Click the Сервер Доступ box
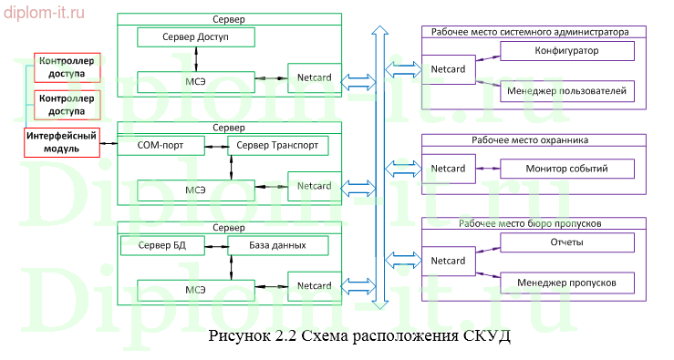tap(195, 37)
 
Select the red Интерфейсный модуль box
tap(61, 143)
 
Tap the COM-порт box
tap(161, 145)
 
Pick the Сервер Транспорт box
tap(277, 145)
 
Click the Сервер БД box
tap(161, 245)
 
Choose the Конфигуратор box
tap(566, 51)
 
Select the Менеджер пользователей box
tap(566, 91)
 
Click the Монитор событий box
tap(566, 169)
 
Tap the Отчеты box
tap(566, 242)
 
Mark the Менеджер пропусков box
tap(566, 283)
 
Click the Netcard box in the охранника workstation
tap(448, 169)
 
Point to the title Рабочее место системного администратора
tap(534, 31)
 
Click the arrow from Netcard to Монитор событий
tap(487, 169)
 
